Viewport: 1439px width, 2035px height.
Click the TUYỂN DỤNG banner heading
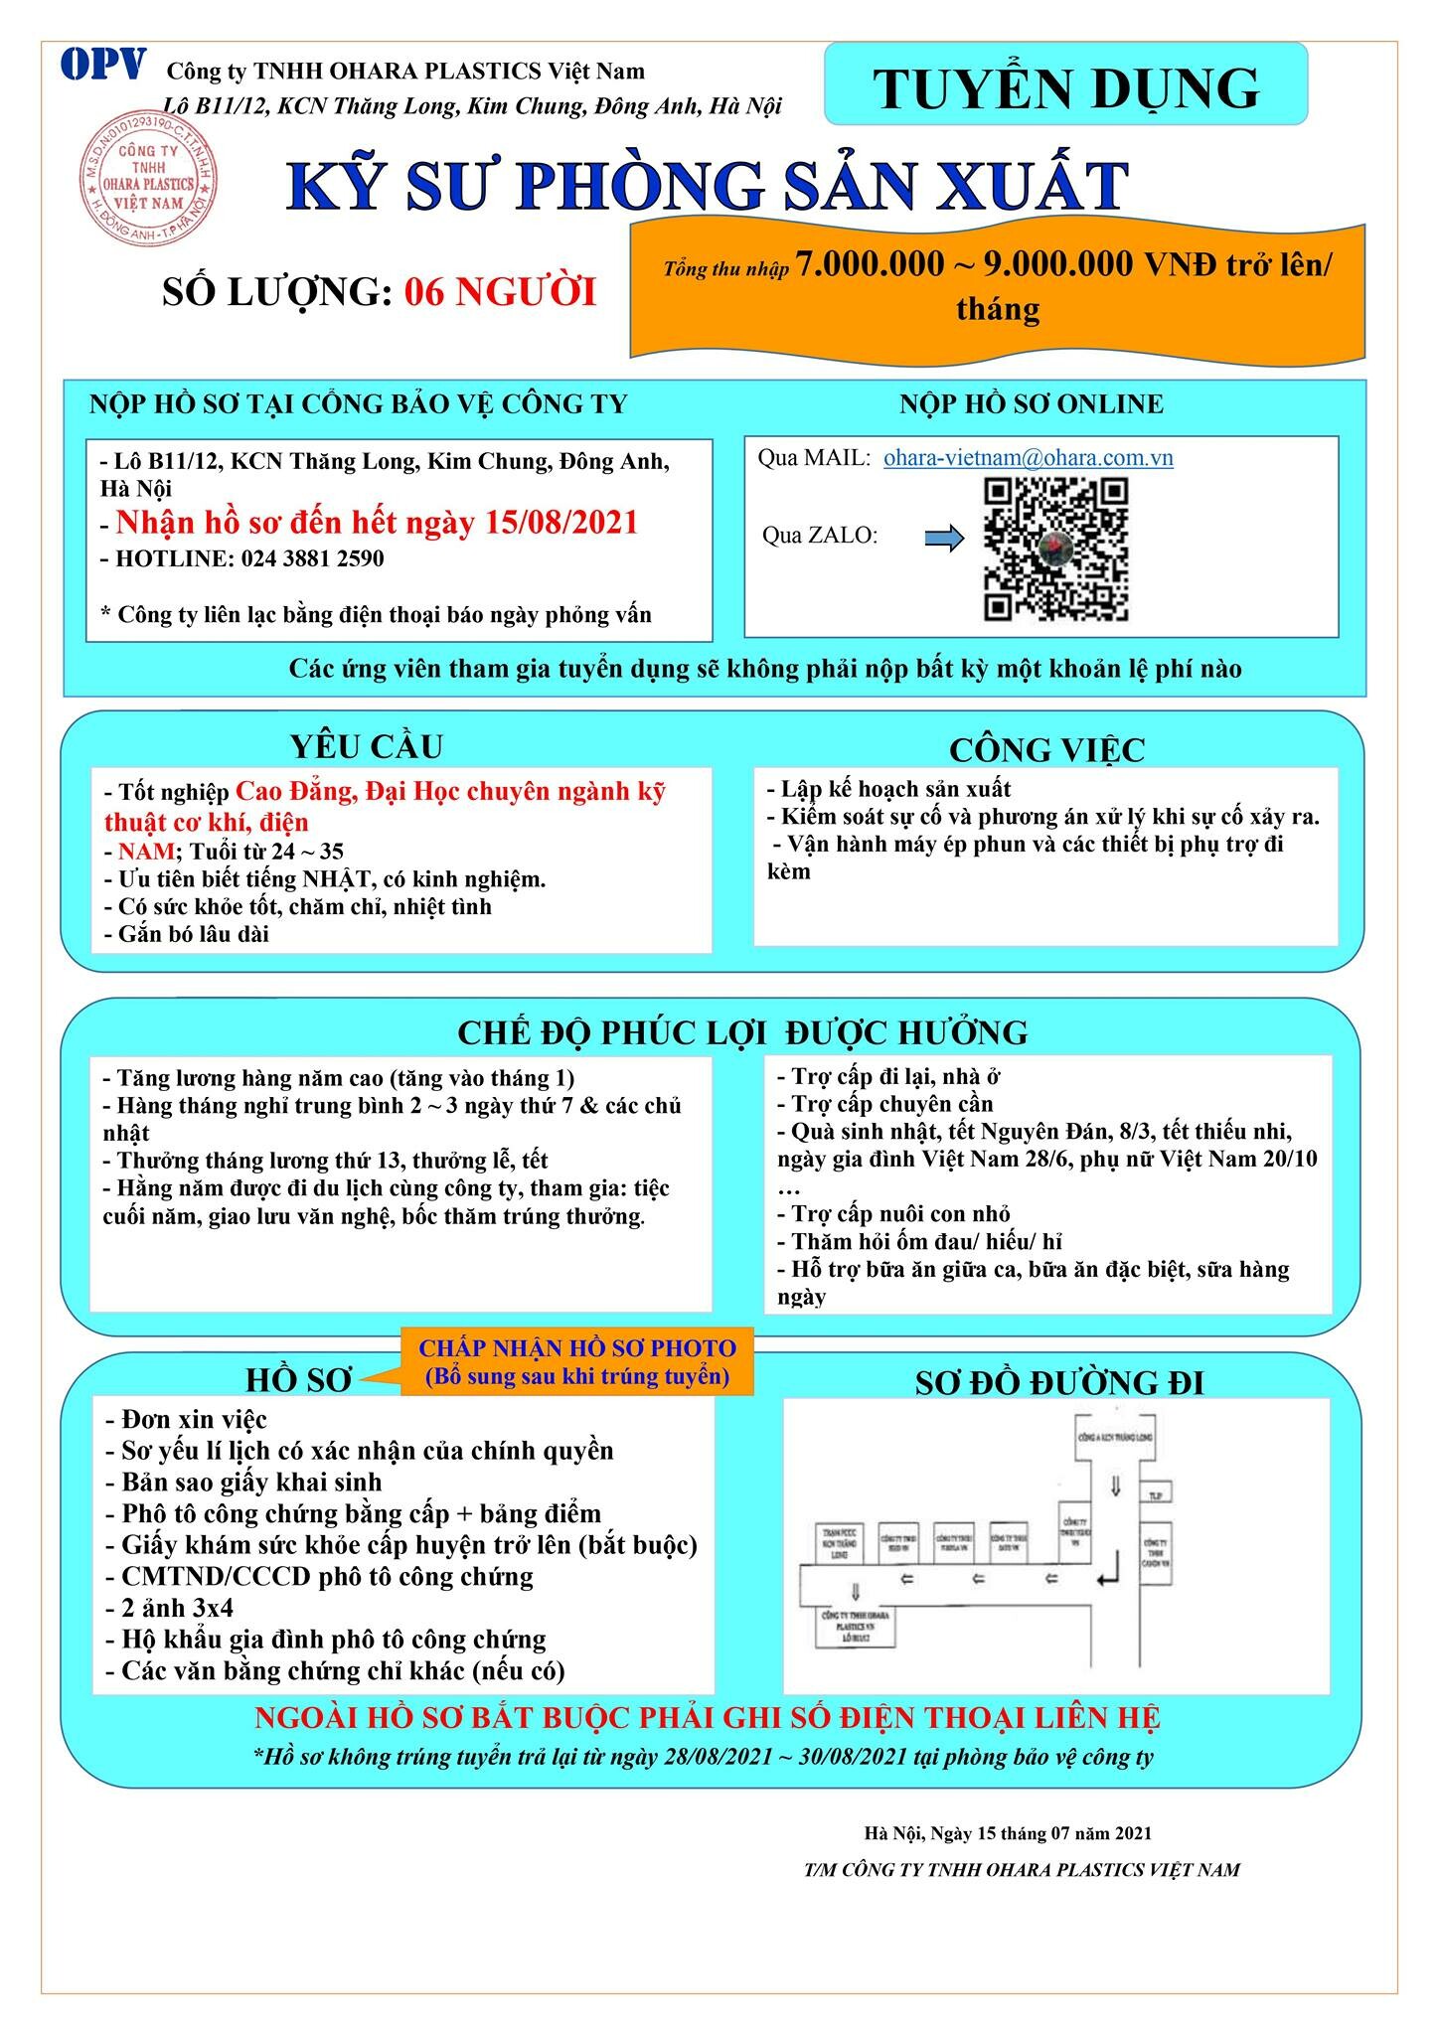[1066, 88]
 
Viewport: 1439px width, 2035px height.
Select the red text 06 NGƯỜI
[500, 292]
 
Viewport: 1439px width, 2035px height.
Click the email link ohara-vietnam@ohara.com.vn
[1028, 458]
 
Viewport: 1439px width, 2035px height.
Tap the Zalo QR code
[1055, 549]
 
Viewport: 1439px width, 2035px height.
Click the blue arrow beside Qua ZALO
[944, 539]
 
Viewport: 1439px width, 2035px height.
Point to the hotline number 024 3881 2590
[312, 558]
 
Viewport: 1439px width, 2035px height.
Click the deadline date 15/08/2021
[561, 523]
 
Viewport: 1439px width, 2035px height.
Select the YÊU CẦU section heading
[366, 745]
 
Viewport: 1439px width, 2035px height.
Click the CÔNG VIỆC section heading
[1046, 749]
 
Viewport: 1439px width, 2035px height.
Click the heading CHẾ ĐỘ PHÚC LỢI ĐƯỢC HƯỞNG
[742, 1032]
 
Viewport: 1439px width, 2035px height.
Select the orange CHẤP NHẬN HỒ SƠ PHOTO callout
[576, 1362]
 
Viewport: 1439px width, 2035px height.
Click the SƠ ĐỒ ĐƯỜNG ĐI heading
[1058, 1382]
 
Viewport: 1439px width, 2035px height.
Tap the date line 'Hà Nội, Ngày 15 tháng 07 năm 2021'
[1008, 1833]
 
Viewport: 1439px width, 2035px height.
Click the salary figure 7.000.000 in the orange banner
[870, 264]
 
